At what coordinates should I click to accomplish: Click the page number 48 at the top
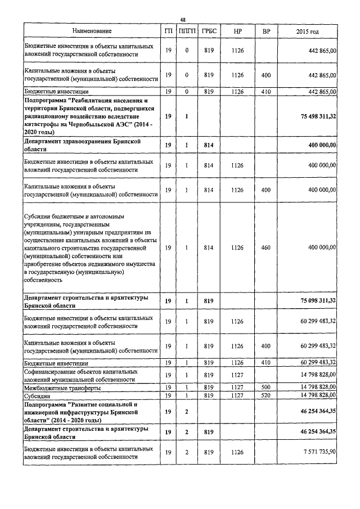click(182, 20)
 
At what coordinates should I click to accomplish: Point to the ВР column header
click(266, 31)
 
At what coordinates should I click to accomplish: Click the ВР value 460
click(266, 247)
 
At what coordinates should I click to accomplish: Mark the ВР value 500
click(266, 388)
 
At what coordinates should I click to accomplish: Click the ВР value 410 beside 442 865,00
click(266, 91)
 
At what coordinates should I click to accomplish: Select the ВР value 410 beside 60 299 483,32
click(266, 363)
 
